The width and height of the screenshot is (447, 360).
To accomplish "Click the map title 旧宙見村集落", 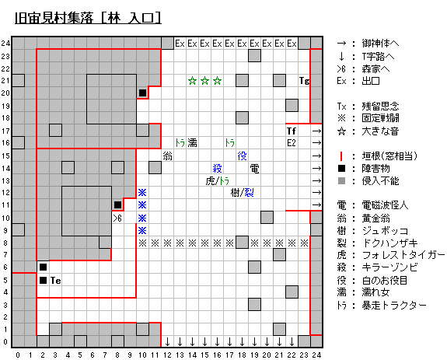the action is pos(54,18).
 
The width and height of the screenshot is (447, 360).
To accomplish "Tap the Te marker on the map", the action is pos(56,281).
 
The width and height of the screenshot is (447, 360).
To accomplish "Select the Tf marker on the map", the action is pos(292,131).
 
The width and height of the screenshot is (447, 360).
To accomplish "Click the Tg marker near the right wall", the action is pos(304,81).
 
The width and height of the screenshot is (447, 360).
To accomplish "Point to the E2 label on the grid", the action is pos(292,143).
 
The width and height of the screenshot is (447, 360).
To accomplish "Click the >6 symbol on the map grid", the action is pos(117,218).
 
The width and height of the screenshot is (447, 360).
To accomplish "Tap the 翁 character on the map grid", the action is pos(167,156).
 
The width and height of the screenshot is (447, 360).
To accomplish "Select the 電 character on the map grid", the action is pos(254,169).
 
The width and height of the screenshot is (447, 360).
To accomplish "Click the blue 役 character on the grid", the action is pos(242,156).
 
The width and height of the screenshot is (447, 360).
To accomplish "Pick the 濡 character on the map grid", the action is pos(192,143).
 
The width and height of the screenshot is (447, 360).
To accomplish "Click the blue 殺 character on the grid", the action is pos(217,169).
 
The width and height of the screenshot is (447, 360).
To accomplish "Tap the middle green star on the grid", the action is pos(204,81).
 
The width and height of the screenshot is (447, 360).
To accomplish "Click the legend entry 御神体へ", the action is pos(380,44).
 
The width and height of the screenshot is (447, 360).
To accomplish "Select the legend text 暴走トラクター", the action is pos(394,306).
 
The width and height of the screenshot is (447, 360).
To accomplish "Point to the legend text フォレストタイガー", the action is pos(403,254).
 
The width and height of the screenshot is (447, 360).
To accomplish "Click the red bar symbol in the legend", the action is pos(341,156).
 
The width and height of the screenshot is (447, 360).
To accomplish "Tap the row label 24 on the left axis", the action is pos(5,44).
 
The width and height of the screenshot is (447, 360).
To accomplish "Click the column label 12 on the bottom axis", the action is pos(167,355).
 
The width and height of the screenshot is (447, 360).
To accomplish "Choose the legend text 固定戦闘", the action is pos(380,118).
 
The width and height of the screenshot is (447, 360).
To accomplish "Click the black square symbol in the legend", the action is pos(341,169).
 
